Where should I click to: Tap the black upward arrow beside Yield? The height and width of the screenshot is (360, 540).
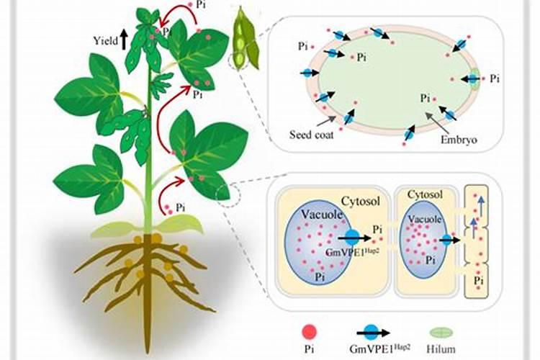point(124,38)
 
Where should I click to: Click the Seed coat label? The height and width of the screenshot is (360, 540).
point(311,135)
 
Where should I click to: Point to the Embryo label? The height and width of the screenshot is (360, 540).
point(459,140)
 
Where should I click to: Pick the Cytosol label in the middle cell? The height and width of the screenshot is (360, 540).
point(426,194)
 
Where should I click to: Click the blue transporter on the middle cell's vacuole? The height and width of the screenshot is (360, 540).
point(447,240)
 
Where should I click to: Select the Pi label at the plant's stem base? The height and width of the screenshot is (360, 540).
point(180,207)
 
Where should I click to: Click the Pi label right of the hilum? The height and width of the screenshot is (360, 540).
point(495,79)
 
